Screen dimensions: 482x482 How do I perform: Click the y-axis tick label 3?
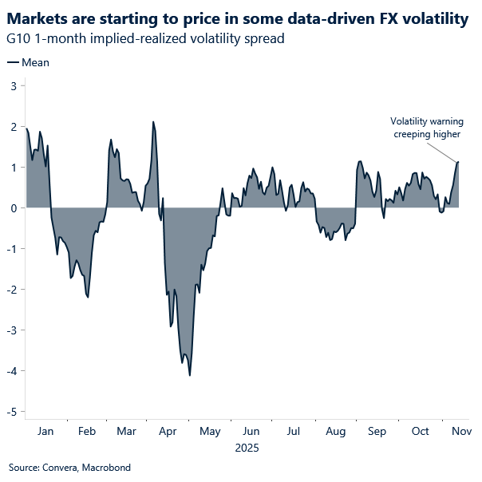(x=14, y=85)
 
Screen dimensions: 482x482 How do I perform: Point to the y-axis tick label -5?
(x=11, y=412)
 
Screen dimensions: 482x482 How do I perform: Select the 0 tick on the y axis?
(x=14, y=207)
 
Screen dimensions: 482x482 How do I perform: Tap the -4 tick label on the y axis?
(x=11, y=371)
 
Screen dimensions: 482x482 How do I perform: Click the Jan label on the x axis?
(x=45, y=431)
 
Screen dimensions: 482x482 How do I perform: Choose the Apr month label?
(x=168, y=431)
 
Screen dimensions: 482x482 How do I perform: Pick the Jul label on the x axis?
(x=293, y=431)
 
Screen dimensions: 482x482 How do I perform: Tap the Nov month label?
(x=461, y=431)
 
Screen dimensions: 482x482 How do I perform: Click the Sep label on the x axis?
(x=377, y=431)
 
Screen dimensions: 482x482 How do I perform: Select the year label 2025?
(x=247, y=448)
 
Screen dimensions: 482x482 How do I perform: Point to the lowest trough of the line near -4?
(x=190, y=375)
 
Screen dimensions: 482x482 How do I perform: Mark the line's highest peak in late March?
(x=153, y=122)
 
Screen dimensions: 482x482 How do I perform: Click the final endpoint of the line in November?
(x=459, y=162)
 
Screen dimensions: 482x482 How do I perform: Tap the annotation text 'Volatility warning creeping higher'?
(x=426, y=128)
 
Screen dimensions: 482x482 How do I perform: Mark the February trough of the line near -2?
(x=88, y=298)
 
